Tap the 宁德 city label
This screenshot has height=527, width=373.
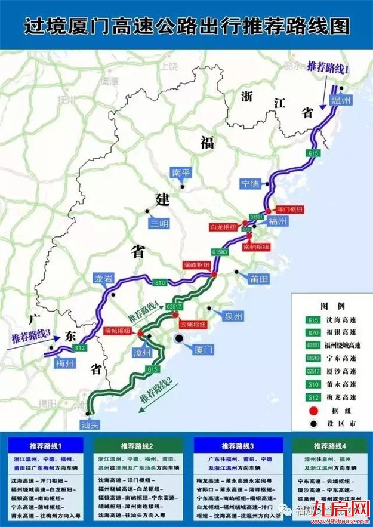coord(252,182)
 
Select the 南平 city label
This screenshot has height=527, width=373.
coord(180,172)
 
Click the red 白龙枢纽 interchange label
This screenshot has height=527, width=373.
coord(222,227)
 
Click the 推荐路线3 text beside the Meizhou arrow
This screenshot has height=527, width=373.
coord(29,337)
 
